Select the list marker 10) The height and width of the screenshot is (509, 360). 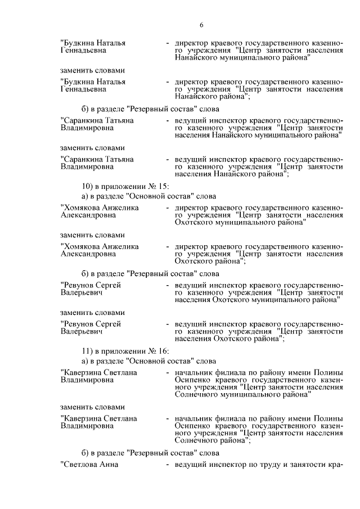pyautogui.click(x=89, y=186)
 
